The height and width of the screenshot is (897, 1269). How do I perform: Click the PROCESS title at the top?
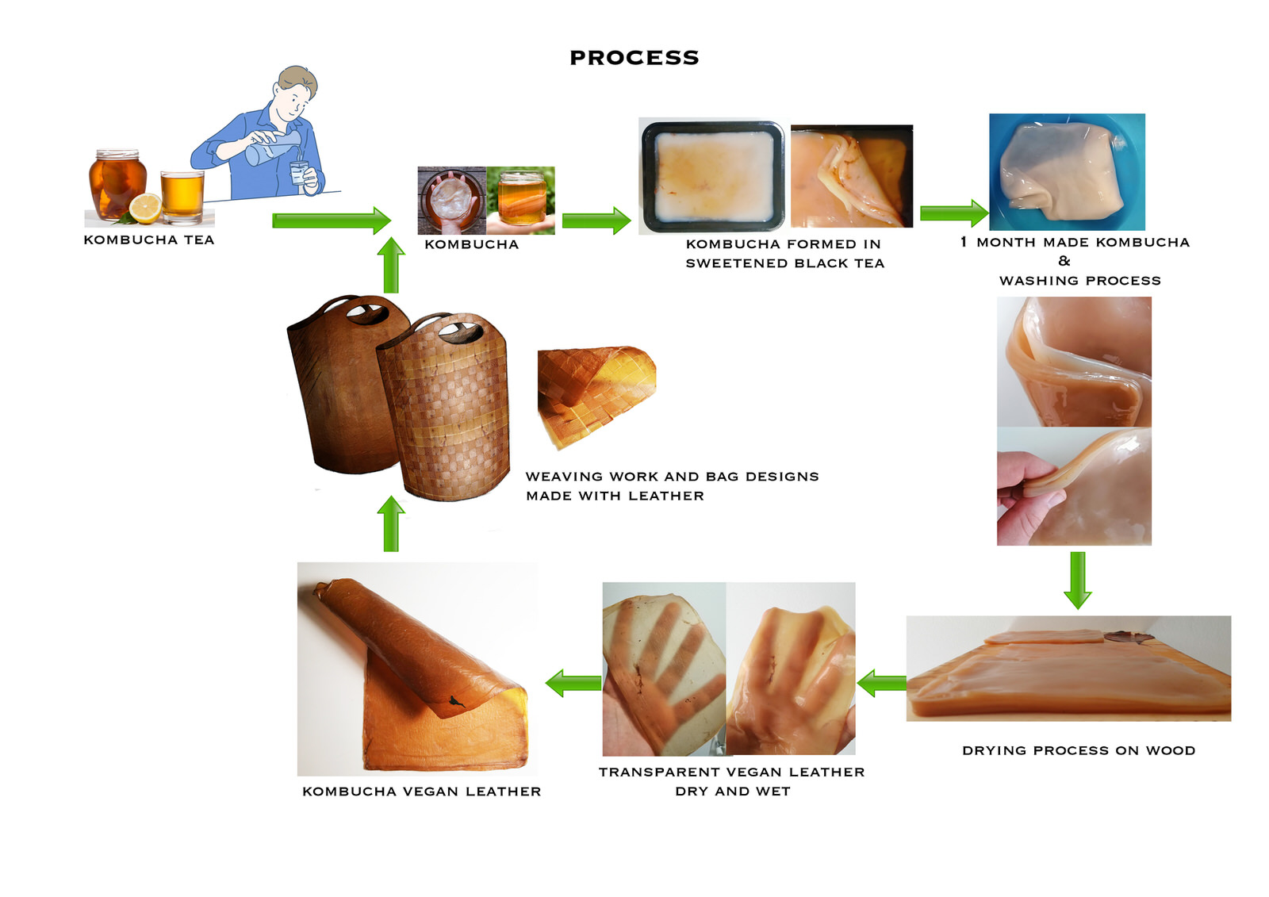pos(634,58)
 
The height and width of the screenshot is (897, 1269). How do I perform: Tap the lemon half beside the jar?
pos(145,208)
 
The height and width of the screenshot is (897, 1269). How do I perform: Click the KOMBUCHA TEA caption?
pos(149,240)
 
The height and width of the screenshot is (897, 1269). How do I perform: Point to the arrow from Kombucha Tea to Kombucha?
pos(331,220)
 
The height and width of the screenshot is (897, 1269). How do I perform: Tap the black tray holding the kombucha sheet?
pos(711,175)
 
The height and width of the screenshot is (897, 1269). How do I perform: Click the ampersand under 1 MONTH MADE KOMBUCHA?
pos(1064,261)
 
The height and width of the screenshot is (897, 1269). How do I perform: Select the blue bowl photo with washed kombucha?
pos(1067,171)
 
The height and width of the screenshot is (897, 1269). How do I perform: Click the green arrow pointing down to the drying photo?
pos(1077,580)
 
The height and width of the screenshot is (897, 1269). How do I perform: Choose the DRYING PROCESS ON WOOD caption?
pos(1078,750)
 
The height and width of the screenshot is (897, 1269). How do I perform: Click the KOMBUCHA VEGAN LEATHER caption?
pos(421,792)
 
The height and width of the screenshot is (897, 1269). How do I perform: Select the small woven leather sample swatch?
pos(595,393)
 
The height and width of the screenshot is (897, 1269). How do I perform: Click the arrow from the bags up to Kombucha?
pos(390,266)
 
